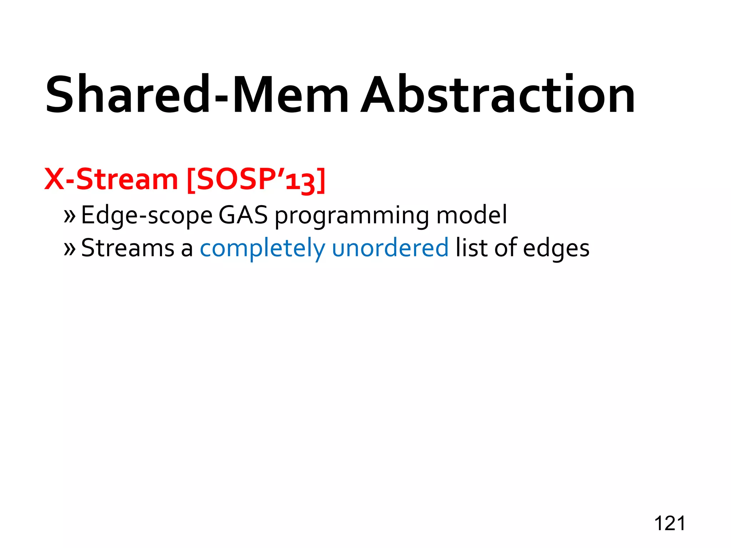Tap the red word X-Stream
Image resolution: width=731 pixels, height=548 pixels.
pyautogui.click(x=111, y=179)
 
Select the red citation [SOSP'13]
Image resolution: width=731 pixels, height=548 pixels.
pyautogui.click(x=256, y=180)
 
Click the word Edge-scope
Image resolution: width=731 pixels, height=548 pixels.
pyautogui.click(x=147, y=215)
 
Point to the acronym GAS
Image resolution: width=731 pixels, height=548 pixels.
pyautogui.click(x=243, y=215)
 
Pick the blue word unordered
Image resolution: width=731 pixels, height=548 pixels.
pyautogui.click(x=390, y=248)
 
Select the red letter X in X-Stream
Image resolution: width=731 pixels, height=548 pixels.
pyautogui.click(x=54, y=179)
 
